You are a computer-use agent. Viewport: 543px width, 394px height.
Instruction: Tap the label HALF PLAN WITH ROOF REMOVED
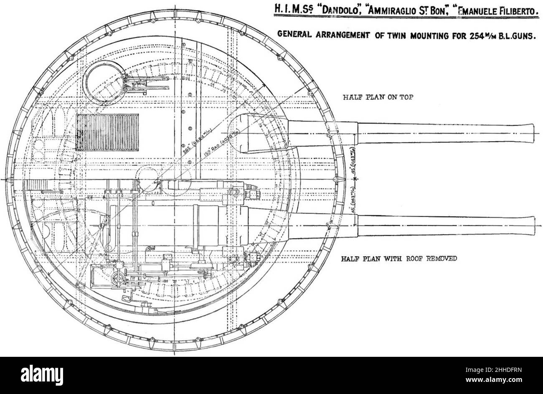[399, 258]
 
